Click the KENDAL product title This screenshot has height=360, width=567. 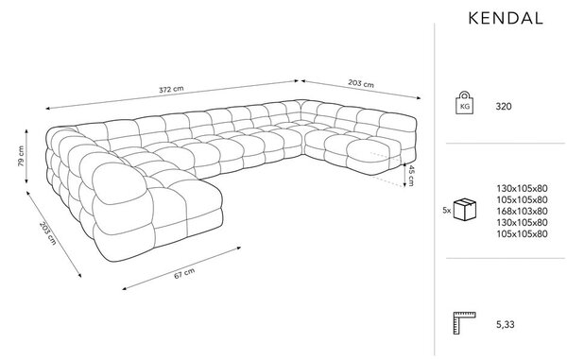pyautogui.click(x=506, y=19)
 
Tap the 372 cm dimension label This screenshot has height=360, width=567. pyautogui.click(x=171, y=89)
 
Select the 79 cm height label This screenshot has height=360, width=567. pyautogui.click(x=21, y=156)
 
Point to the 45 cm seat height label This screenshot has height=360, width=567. pyautogui.click(x=411, y=176)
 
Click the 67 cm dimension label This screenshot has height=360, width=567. pyautogui.click(x=184, y=273)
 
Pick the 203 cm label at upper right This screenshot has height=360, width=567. pyautogui.click(x=361, y=83)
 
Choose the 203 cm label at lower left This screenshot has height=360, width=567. pyautogui.click(x=48, y=233)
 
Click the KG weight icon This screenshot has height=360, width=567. pyautogui.click(x=464, y=103)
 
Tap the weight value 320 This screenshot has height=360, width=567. pyautogui.click(x=504, y=106)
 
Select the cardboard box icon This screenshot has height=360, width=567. pyautogui.click(x=465, y=210)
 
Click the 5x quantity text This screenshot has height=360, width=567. pyautogui.click(x=447, y=210)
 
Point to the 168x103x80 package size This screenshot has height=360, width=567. pyautogui.click(x=522, y=211)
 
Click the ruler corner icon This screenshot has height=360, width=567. pyautogui.click(x=464, y=323)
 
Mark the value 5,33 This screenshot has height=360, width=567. pyautogui.click(x=506, y=325)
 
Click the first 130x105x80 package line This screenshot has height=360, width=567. pyautogui.click(x=522, y=188)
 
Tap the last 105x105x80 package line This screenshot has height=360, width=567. pyautogui.click(x=522, y=233)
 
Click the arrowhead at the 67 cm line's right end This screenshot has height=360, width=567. pyautogui.click(x=239, y=248)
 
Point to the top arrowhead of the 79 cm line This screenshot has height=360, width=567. pyautogui.click(x=26, y=131)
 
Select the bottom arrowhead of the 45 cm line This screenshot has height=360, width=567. pyautogui.click(x=404, y=184)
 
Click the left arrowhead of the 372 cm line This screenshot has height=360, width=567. pyautogui.click(x=48, y=108)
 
